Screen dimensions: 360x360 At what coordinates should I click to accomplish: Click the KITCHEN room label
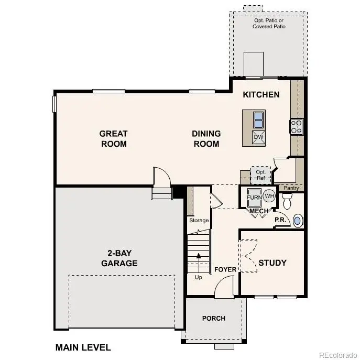click(261, 95)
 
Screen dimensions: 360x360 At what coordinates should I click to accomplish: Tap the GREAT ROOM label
click(114, 139)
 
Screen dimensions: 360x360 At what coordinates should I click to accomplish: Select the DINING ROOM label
click(206, 139)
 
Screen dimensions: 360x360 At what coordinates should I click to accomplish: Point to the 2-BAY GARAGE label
click(119, 258)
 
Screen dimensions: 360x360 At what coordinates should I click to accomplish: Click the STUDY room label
click(272, 263)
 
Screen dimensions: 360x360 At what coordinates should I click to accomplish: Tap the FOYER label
click(225, 269)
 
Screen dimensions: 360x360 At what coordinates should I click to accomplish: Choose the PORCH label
click(214, 318)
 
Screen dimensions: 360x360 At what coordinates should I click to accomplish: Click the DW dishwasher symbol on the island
click(258, 137)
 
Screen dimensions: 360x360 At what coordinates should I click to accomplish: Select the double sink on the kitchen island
click(258, 120)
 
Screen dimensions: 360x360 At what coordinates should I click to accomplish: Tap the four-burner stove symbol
click(297, 126)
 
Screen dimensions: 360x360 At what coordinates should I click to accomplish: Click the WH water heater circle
click(269, 197)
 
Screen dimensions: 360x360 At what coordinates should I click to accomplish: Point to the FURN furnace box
click(254, 198)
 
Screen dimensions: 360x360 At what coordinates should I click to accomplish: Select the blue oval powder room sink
click(297, 220)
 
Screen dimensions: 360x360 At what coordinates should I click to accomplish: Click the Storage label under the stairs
click(199, 221)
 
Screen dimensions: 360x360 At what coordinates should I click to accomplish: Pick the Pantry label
click(292, 188)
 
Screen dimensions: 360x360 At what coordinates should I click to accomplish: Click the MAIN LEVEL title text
click(83, 347)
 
